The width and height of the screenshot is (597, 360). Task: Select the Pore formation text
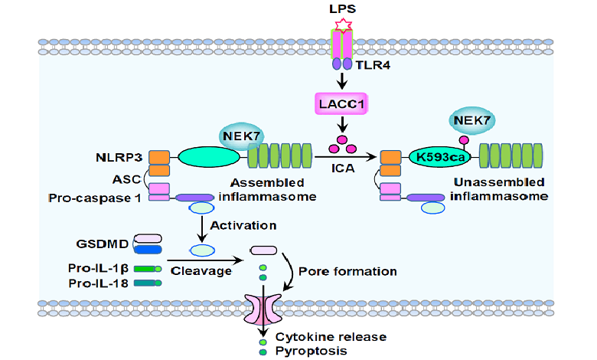pyautogui.click(x=347, y=270)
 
